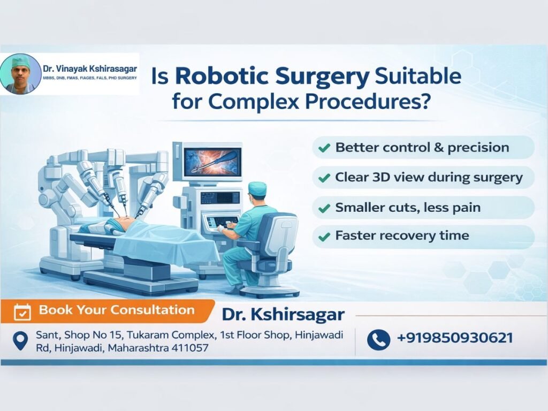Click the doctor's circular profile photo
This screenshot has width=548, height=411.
pos(21,74)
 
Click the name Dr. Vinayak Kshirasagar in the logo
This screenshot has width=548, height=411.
pos(89,68)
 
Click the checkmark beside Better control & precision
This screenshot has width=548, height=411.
pos(324,148)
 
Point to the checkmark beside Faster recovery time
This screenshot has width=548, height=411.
pos(324,235)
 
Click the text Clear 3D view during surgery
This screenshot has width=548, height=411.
pos(428,177)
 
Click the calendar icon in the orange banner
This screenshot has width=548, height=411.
pos(22,311)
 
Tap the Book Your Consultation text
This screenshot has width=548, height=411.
pos(117,310)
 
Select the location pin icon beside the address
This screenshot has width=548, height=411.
pos(20,341)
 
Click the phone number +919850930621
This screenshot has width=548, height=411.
pos(454,338)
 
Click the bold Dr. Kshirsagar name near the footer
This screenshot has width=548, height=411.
pos(283,314)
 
